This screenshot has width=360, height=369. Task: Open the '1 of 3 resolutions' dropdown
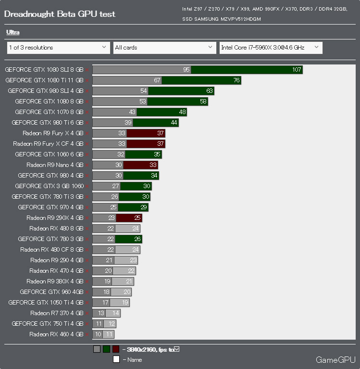pyautogui.click(x=58, y=48)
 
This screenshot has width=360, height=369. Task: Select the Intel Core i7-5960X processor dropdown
pyautogui.click(x=271, y=48)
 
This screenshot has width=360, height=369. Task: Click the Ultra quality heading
pyautogui.click(x=13, y=32)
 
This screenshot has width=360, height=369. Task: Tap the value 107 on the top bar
pyautogui.click(x=297, y=70)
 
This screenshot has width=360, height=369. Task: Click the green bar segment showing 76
pyautogui.click(x=201, y=80)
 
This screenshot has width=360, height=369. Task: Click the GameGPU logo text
pyautogui.click(x=335, y=359)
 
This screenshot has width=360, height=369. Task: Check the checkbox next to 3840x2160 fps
pyautogui.click(x=176, y=349)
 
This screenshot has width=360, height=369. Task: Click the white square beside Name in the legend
pyautogui.click(x=116, y=359)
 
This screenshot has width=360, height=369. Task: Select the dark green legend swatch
pyautogui.click(x=106, y=349)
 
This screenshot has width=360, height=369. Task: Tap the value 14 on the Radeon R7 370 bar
pyautogui.click(x=115, y=313)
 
